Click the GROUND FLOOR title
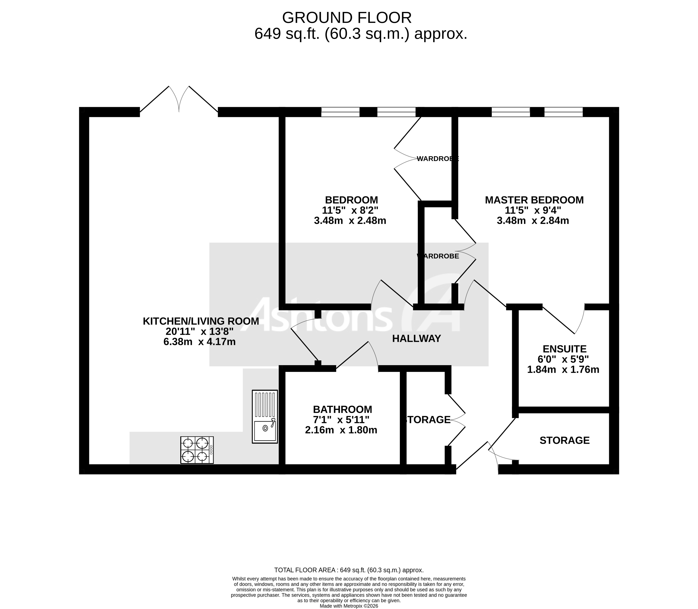[347, 18]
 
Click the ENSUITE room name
[564, 349]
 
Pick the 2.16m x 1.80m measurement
[341, 430]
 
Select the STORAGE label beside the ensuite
[564, 440]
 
